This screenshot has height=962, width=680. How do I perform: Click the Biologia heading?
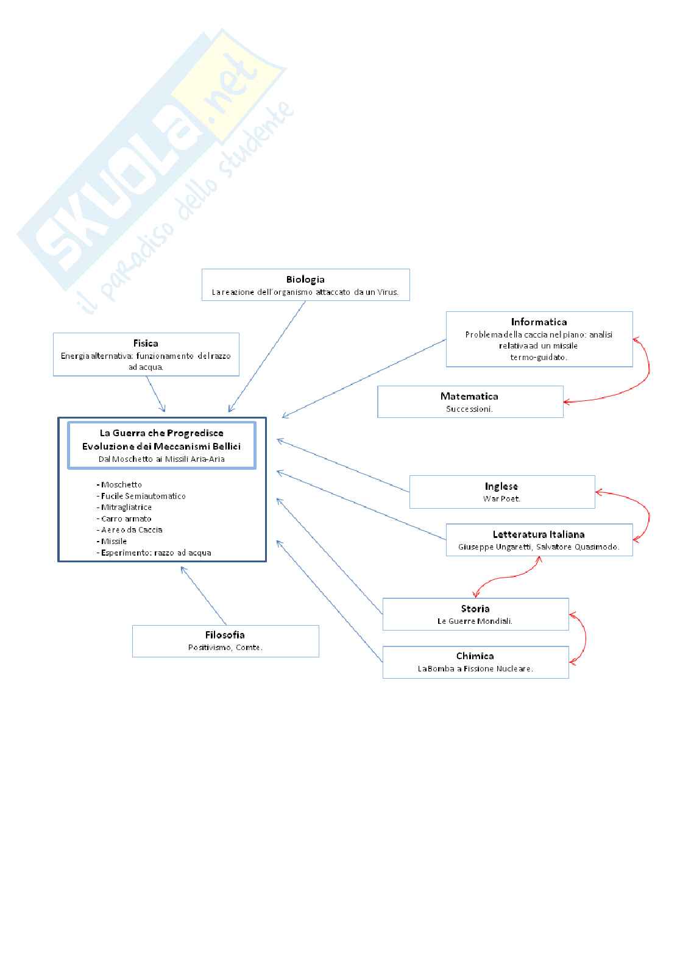click(x=305, y=280)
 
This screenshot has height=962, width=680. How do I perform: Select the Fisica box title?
click(x=146, y=344)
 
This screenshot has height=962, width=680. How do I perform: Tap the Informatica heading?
click(x=539, y=322)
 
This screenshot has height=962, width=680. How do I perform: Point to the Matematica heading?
click(x=469, y=396)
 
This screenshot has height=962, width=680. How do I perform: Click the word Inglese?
click(x=501, y=486)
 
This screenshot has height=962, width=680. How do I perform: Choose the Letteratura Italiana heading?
click(x=539, y=534)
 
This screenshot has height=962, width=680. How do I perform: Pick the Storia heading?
click(x=475, y=609)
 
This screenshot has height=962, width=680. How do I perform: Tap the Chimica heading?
click(x=475, y=656)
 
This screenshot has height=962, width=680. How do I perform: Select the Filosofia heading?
click(x=225, y=635)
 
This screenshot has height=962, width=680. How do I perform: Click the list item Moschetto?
click(x=121, y=485)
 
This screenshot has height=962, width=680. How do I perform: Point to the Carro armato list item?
click(x=126, y=519)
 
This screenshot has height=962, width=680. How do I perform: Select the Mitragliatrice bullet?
click(x=126, y=508)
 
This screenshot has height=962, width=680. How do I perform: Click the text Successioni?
click(x=469, y=409)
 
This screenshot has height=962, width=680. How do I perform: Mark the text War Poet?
click(x=501, y=499)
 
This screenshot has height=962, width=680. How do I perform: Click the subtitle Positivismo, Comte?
click(x=225, y=648)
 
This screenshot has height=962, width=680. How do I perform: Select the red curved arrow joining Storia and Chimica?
click(x=585, y=638)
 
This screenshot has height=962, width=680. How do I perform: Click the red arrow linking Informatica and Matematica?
click(x=647, y=372)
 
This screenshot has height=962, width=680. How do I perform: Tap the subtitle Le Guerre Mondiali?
click(x=475, y=621)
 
